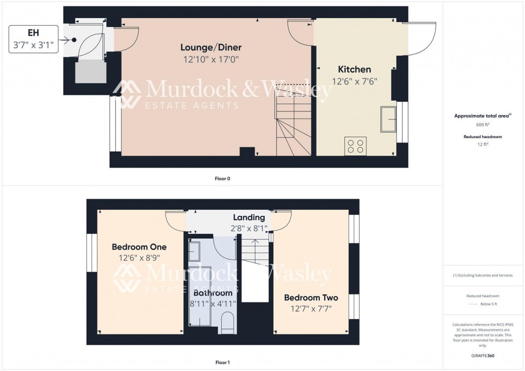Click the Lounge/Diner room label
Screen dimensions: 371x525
coord(214,47)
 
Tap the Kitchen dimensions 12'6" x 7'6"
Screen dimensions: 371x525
coord(354,81)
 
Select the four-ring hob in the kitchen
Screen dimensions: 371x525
coord(356,146)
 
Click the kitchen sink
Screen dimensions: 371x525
coord(388,119)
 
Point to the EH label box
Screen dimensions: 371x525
coord(33,39)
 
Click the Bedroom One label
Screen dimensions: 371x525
coord(139,247)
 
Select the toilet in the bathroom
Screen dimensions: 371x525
coord(228,323)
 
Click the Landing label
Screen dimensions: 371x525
coord(249,217)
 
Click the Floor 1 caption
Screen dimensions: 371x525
coord(222,362)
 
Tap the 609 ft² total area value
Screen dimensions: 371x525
coord(483,125)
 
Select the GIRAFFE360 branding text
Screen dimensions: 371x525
coord(483,356)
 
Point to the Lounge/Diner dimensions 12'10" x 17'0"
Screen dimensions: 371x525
coord(214,59)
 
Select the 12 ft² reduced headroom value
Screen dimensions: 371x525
coord(483,144)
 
